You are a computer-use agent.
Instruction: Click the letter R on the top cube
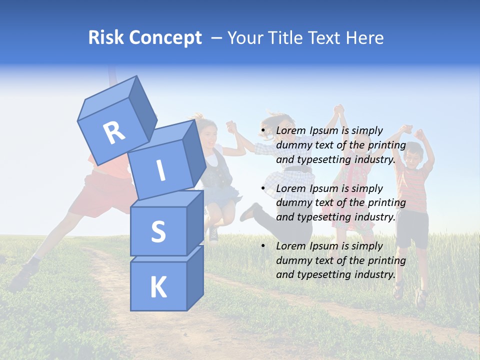pos(114,132)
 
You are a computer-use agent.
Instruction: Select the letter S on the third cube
pos(158,231)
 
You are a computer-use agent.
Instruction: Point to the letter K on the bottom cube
pos(158,287)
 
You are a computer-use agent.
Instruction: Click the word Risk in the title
pos(105,37)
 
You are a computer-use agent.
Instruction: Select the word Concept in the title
pos(165,38)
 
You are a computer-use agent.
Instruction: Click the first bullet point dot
pos(262,131)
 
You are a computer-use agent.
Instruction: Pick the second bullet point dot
pos(262,188)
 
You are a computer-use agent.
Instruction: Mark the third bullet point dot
pos(262,246)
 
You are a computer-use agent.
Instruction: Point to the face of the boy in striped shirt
pos(412,154)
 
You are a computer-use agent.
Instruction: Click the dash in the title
pos(216,38)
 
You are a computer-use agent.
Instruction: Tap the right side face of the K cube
pos(195,277)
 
